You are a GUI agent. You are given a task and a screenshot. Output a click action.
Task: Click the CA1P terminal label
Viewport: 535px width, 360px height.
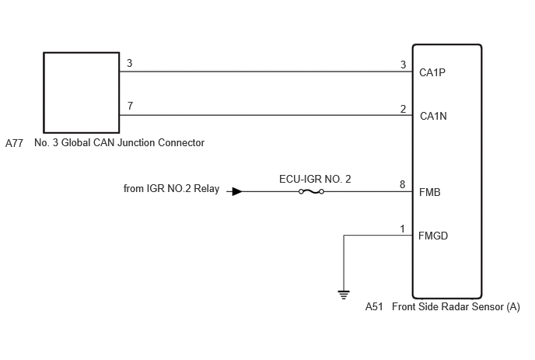click(432, 72)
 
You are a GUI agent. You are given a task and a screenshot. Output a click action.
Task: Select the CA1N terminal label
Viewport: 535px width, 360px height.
click(433, 117)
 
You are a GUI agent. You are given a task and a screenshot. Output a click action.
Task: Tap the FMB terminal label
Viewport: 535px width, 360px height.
click(429, 193)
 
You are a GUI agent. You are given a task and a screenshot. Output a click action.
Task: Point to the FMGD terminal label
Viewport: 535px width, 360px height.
click(433, 236)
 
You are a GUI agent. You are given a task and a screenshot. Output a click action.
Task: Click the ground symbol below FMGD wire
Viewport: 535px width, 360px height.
click(344, 295)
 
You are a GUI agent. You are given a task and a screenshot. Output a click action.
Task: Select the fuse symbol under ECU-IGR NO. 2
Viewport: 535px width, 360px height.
click(311, 192)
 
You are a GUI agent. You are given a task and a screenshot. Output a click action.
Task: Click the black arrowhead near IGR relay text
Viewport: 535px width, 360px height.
click(237, 191)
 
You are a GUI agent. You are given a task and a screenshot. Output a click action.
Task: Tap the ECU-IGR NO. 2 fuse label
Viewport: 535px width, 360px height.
click(315, 179)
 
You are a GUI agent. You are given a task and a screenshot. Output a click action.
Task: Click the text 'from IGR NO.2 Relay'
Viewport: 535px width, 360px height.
click(171, 189)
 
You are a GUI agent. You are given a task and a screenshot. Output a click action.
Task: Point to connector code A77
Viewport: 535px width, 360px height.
click(14, 143)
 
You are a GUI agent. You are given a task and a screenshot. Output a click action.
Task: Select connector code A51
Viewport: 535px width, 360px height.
click(374, 307)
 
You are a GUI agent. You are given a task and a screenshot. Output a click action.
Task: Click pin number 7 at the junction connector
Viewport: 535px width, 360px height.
click(130, 106)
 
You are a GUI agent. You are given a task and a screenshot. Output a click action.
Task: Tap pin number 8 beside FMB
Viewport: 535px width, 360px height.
click(403, 184)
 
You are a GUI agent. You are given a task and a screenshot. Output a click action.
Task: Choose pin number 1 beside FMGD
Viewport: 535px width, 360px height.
click(403, 229)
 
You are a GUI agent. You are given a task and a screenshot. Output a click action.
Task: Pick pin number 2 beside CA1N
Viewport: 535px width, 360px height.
click(403, 109)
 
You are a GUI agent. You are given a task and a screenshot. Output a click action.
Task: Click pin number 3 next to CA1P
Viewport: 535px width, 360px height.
click(403, 65)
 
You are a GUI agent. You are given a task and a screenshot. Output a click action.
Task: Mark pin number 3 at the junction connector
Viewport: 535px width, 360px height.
click(130, 63)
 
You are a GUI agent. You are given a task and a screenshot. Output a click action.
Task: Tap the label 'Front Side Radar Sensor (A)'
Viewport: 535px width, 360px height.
click(456, 307)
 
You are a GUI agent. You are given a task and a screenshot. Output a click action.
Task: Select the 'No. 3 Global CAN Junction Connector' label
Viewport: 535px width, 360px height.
click(120, 142)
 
